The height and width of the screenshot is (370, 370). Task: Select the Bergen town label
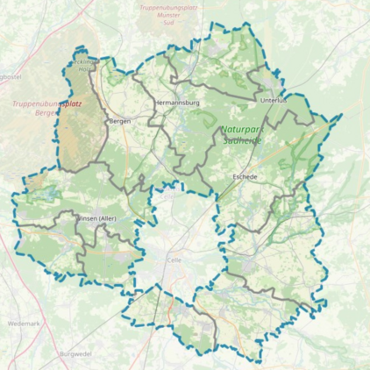(119, 121)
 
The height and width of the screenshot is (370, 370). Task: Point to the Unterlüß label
(274, 101)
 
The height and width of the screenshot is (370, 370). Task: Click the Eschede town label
(245, 176)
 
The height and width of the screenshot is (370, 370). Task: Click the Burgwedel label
(76, 353)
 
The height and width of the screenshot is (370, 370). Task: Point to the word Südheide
(238, 139)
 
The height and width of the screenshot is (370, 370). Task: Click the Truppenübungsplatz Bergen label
(47, 108)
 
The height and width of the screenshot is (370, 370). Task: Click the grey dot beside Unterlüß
(260, 100)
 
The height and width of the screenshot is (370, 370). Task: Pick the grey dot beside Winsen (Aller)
(77, 217)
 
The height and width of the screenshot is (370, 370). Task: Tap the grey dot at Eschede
(232, 176)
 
